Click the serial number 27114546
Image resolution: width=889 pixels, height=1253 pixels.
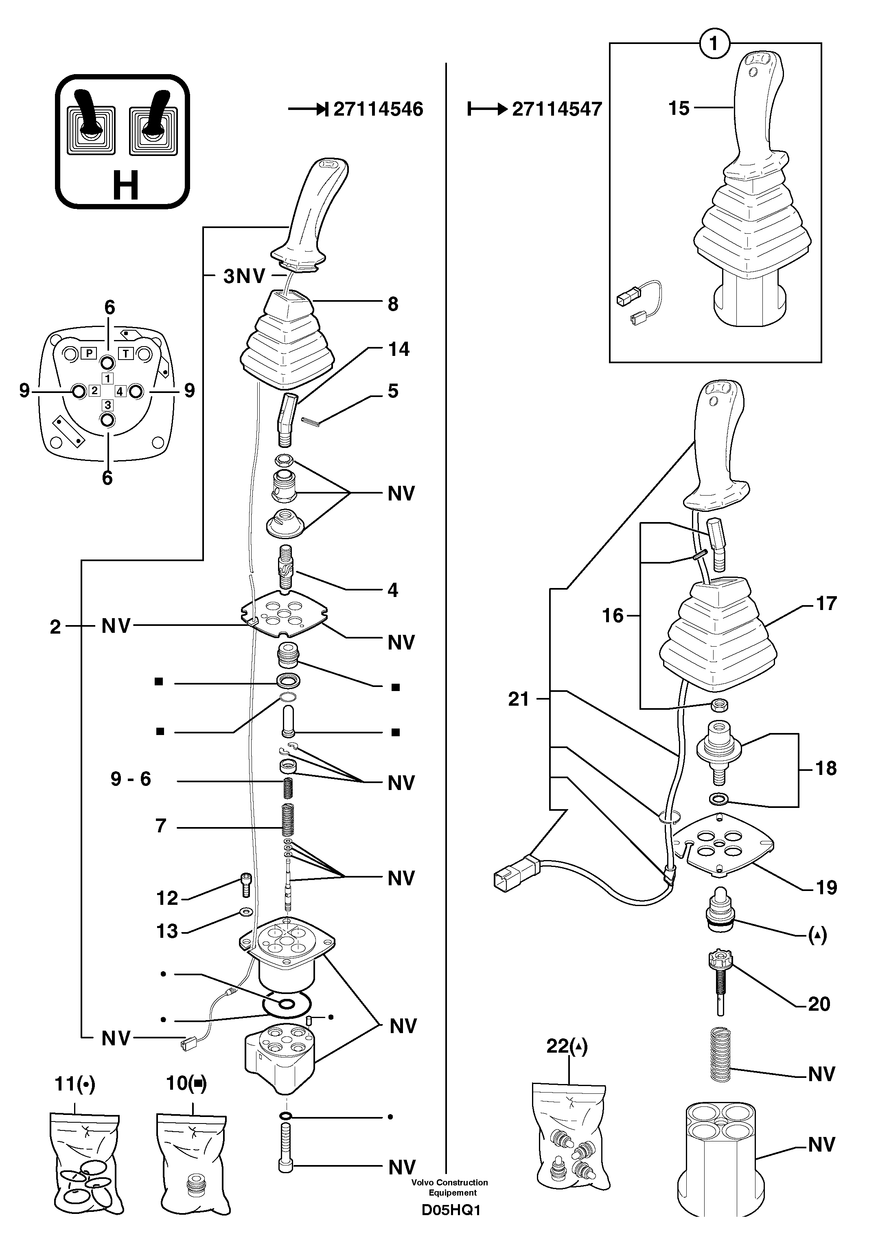click(x=378, y=110)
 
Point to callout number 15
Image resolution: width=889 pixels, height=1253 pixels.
click(x=679, y=108)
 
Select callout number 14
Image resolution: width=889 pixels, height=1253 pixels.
click(x=398, y=349)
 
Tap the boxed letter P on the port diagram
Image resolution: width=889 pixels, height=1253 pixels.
click(x=89, y=353)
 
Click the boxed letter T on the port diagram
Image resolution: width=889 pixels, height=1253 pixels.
click(x=126, y=353)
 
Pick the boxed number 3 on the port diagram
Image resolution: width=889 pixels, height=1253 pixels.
click(x=108, y=405)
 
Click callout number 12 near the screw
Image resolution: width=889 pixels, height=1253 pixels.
click(x=168, y=898)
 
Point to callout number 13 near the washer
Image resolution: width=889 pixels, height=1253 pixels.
click(x=168, y=931)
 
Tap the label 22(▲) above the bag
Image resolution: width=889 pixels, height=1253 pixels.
click(x=567, y=1047)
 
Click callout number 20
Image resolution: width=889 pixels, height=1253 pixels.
click(x=819, y=1004)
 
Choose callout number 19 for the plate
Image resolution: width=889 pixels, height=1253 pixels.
click(x=826, y=887)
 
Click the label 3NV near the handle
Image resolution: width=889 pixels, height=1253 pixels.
click(x=244, y=276)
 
